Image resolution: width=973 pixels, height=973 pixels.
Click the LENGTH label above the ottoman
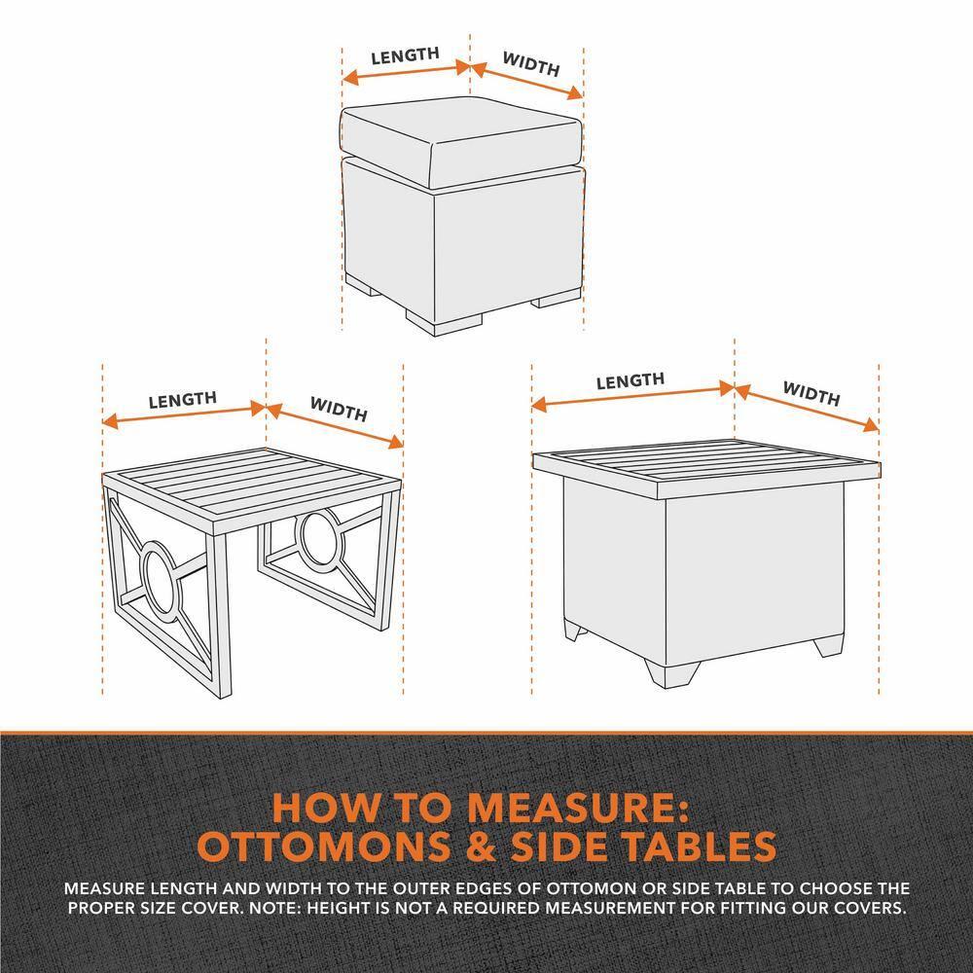coord(405,55)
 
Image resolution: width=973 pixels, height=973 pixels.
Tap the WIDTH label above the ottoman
coord(531,64)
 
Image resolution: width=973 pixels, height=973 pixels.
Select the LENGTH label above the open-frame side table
coord(183,400)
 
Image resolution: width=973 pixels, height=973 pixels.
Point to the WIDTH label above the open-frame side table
coord(339,409)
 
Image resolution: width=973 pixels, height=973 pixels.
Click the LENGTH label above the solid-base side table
coord(631,381)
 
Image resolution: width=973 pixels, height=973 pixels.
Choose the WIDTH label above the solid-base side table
coord(811,393)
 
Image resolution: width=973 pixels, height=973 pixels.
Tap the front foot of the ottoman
coord(444,323)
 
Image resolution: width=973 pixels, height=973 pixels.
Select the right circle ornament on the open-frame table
coord(320,536)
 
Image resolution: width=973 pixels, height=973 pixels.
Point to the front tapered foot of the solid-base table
coord(672,672)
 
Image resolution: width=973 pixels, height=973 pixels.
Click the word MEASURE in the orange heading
coord(576,808)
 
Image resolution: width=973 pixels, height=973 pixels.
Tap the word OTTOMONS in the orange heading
coord(323,846)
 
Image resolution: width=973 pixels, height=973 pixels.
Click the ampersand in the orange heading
coord(482,846)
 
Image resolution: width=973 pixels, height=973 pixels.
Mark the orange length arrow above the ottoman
coord(406,72)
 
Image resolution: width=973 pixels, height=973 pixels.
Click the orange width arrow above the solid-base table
coord(807,408)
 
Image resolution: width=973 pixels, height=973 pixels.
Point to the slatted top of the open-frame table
coord(251,482)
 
